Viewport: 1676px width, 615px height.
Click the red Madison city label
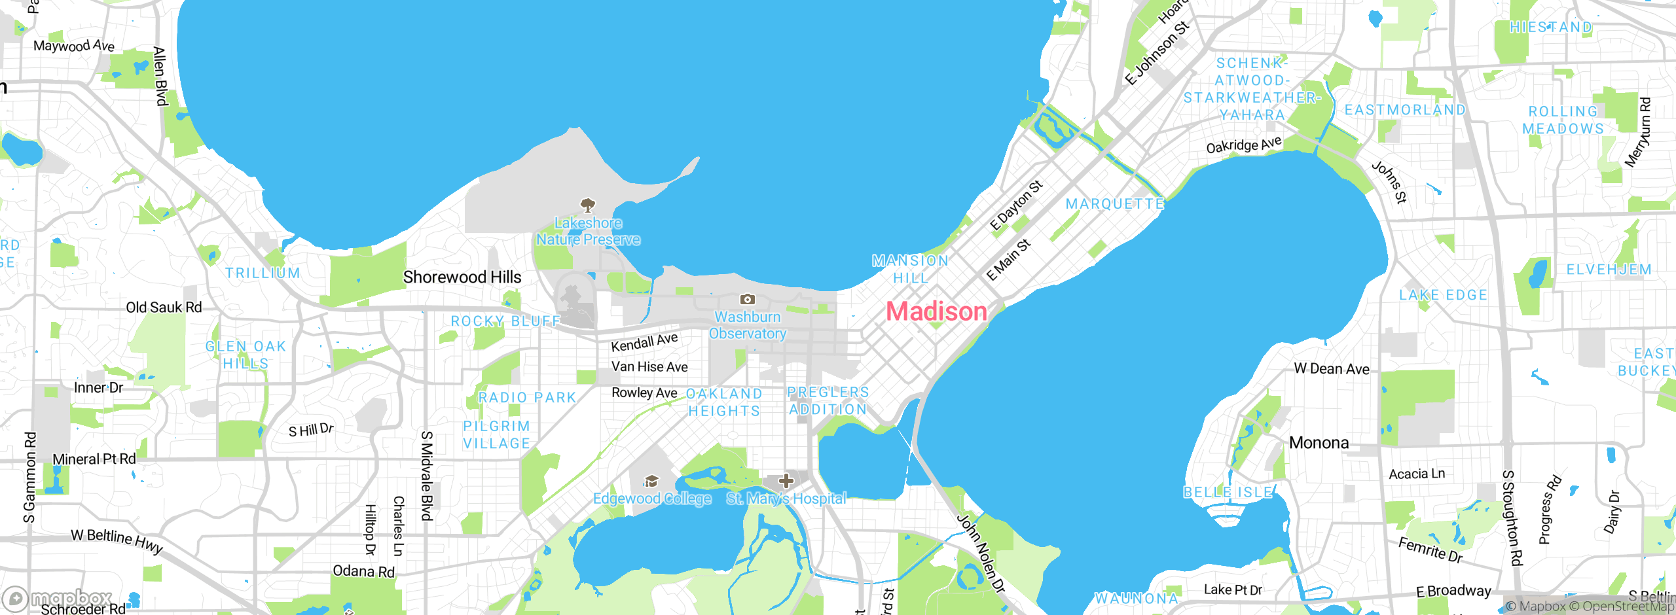pos(936,311)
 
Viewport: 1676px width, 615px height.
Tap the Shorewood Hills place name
pos(462,277)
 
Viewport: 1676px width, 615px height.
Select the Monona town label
pos(1319,443)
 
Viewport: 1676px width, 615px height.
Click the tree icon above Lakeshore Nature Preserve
pos(588,205)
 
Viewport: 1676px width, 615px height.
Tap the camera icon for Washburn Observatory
pos(747,300)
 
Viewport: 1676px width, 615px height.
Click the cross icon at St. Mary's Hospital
pos(786,482)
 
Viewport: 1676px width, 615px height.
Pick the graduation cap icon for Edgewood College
pos(651,482)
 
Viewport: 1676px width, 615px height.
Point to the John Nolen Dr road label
pos(980,553)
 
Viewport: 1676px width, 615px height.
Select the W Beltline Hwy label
pos(117,540)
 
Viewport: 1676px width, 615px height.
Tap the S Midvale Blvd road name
pos(426,476)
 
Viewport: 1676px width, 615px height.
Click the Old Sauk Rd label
pos(164,307)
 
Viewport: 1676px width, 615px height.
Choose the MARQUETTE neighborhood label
pos(1115,204)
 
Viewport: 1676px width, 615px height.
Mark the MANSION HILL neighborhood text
pos(910,269)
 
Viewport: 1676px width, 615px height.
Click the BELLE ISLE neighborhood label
pos(1228,492)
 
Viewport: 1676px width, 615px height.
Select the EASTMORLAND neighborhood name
pos(1404,110)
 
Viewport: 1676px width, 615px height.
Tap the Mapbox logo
pos(58,598)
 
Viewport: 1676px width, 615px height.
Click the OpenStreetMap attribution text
pos(1628,606)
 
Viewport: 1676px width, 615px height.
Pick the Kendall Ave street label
pos(644,342)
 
